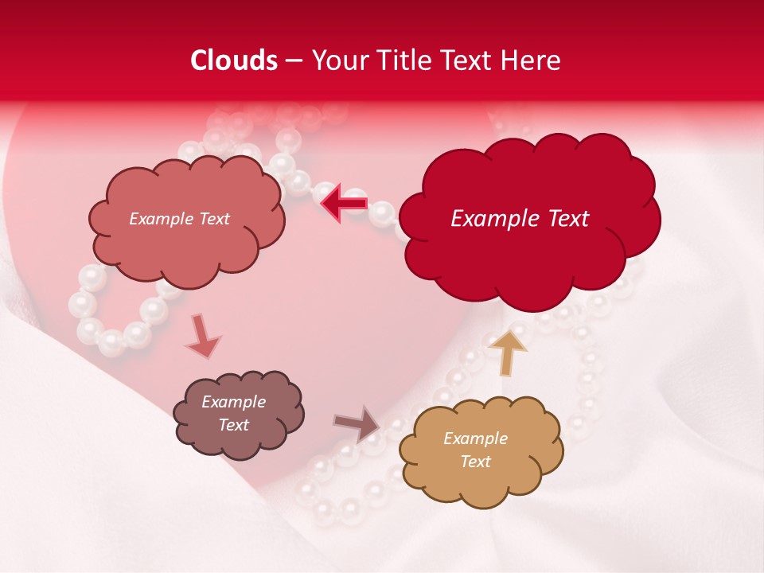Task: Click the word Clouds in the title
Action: tap(234, 60)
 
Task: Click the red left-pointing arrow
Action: tap(344, 204)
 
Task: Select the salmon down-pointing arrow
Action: tap(202, 336)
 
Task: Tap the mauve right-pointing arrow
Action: tap(357, 423)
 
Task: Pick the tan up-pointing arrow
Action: tap(507, 352)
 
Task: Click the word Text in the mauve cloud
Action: tap(233, 425)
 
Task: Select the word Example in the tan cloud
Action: tap(475, 439)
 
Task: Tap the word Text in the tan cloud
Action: tap(475, 462)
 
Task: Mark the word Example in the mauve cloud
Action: tap(233, 402)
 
